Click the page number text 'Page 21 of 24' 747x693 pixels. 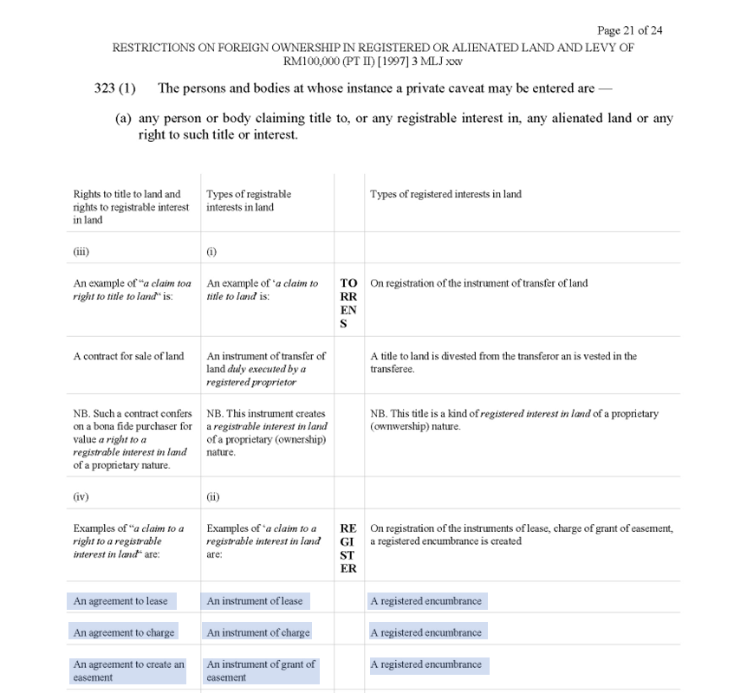point(629,30)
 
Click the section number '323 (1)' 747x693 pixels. point(116,88)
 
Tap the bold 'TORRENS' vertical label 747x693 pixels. point(348,303)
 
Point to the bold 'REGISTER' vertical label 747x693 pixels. point(348,548)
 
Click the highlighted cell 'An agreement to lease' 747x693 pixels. point(121,601)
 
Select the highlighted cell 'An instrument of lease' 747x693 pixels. point(255,601)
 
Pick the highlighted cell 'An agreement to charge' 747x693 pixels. point(124,632)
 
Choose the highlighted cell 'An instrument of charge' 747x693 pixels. point(258,632)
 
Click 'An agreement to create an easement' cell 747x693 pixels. point(128,670)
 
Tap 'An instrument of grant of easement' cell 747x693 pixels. point(261,670)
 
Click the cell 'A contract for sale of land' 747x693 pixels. point(128,356)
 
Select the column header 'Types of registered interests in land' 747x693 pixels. point(445,194)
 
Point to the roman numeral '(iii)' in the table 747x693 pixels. point(81,252)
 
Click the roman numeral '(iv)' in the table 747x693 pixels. point(81,497)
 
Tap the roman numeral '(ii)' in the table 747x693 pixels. point(213,497)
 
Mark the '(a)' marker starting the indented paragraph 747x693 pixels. point(123,119)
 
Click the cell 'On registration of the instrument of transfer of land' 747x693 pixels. point(478,283)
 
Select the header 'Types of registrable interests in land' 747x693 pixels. point(249,200)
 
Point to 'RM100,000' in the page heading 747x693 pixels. point(309,61)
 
